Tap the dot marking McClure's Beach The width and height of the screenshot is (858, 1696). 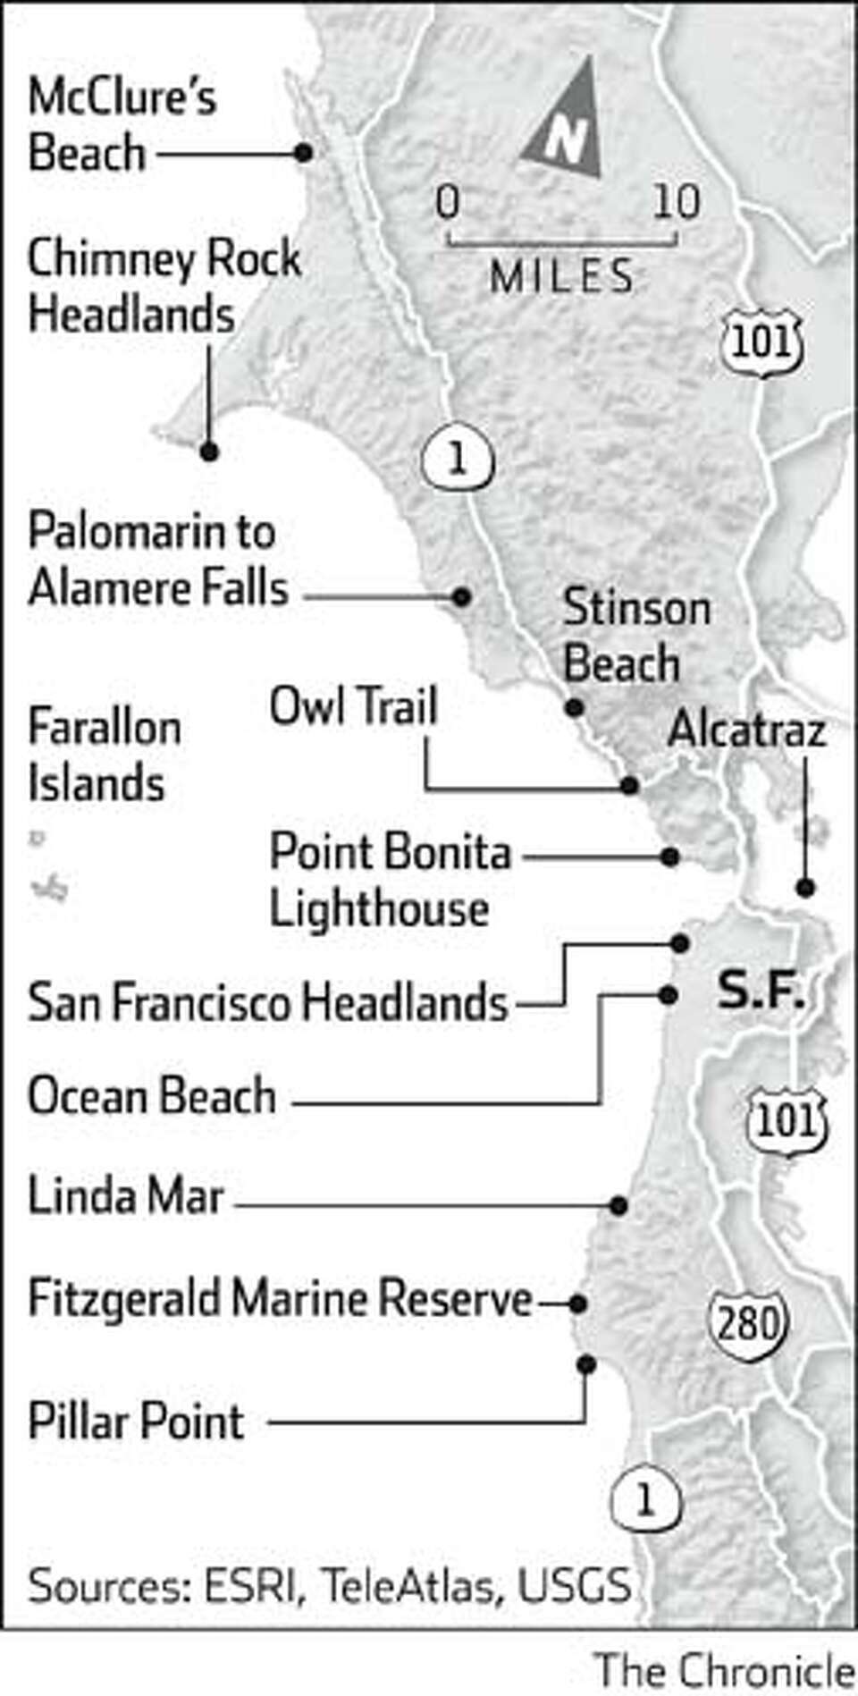(304, 153)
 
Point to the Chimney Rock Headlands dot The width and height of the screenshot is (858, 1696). (209, 452)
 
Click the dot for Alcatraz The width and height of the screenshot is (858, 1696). (806, 888)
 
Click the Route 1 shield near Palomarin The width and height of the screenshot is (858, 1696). (457, 458)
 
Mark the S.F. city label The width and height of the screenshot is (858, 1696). (761, 992)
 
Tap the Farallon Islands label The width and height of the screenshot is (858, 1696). (104, 755)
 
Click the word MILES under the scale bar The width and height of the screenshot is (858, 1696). (562, 277)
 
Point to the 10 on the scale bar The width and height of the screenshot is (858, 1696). (676, 202)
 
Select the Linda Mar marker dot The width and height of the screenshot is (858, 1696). (618, 1206)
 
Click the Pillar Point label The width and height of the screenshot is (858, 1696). (136, 1421)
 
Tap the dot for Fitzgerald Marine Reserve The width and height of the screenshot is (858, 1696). (578, 1304)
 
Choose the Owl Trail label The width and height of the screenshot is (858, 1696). (354, 706)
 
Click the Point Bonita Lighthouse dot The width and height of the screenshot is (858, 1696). (669, 857)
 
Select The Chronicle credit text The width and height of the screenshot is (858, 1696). (724, 1670)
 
